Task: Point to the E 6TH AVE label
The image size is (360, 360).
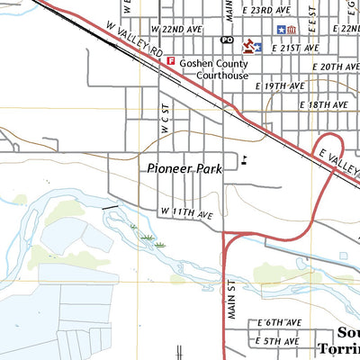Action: tap(278, 321)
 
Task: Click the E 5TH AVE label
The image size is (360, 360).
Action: tap(278, 341)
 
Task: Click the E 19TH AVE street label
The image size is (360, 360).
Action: tap(281, 85)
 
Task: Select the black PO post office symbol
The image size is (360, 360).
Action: tap(226, 41)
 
